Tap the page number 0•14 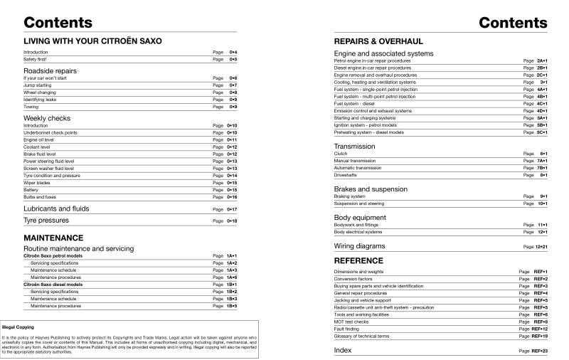tap(232, 175)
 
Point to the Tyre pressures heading tap(52, 221)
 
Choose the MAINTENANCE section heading tap(53, 238)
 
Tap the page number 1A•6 tap(232, 277)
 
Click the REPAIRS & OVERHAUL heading tap(378, 41)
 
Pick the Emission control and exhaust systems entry tap(373, 110)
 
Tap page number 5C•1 tap(541, 132)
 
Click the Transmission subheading tap(354, 147)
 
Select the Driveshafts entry tap(346, 175)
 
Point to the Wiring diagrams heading tap(364, 246)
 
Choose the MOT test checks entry tap(351, 322)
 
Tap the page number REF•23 tap(538, 351)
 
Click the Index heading tap(343, 351)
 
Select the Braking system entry tap(349, 196)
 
